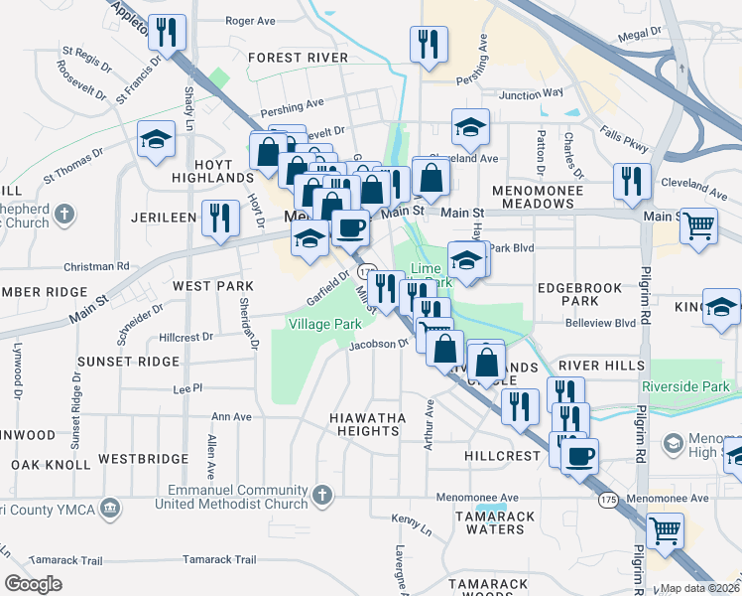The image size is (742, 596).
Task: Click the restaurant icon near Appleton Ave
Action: pos(167,32)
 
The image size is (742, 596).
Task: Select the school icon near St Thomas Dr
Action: pos(156,141)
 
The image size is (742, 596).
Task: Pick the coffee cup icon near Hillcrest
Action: pos(579,456)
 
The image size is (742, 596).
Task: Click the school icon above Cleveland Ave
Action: pos(470,127)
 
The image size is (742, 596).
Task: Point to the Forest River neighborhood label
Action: pos(298,58)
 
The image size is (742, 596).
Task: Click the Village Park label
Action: pos(324,324)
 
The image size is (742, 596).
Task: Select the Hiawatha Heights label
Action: pos(366,425)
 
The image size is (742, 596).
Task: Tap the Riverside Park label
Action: pos(685,386)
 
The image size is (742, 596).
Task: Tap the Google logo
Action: pos(33,584)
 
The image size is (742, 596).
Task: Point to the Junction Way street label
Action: pos(531,95)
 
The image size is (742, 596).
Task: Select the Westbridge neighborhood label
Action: pos(144,459)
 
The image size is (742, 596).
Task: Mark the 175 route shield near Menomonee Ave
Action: pos(607,501)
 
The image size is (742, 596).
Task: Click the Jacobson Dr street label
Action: pos(379,345)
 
